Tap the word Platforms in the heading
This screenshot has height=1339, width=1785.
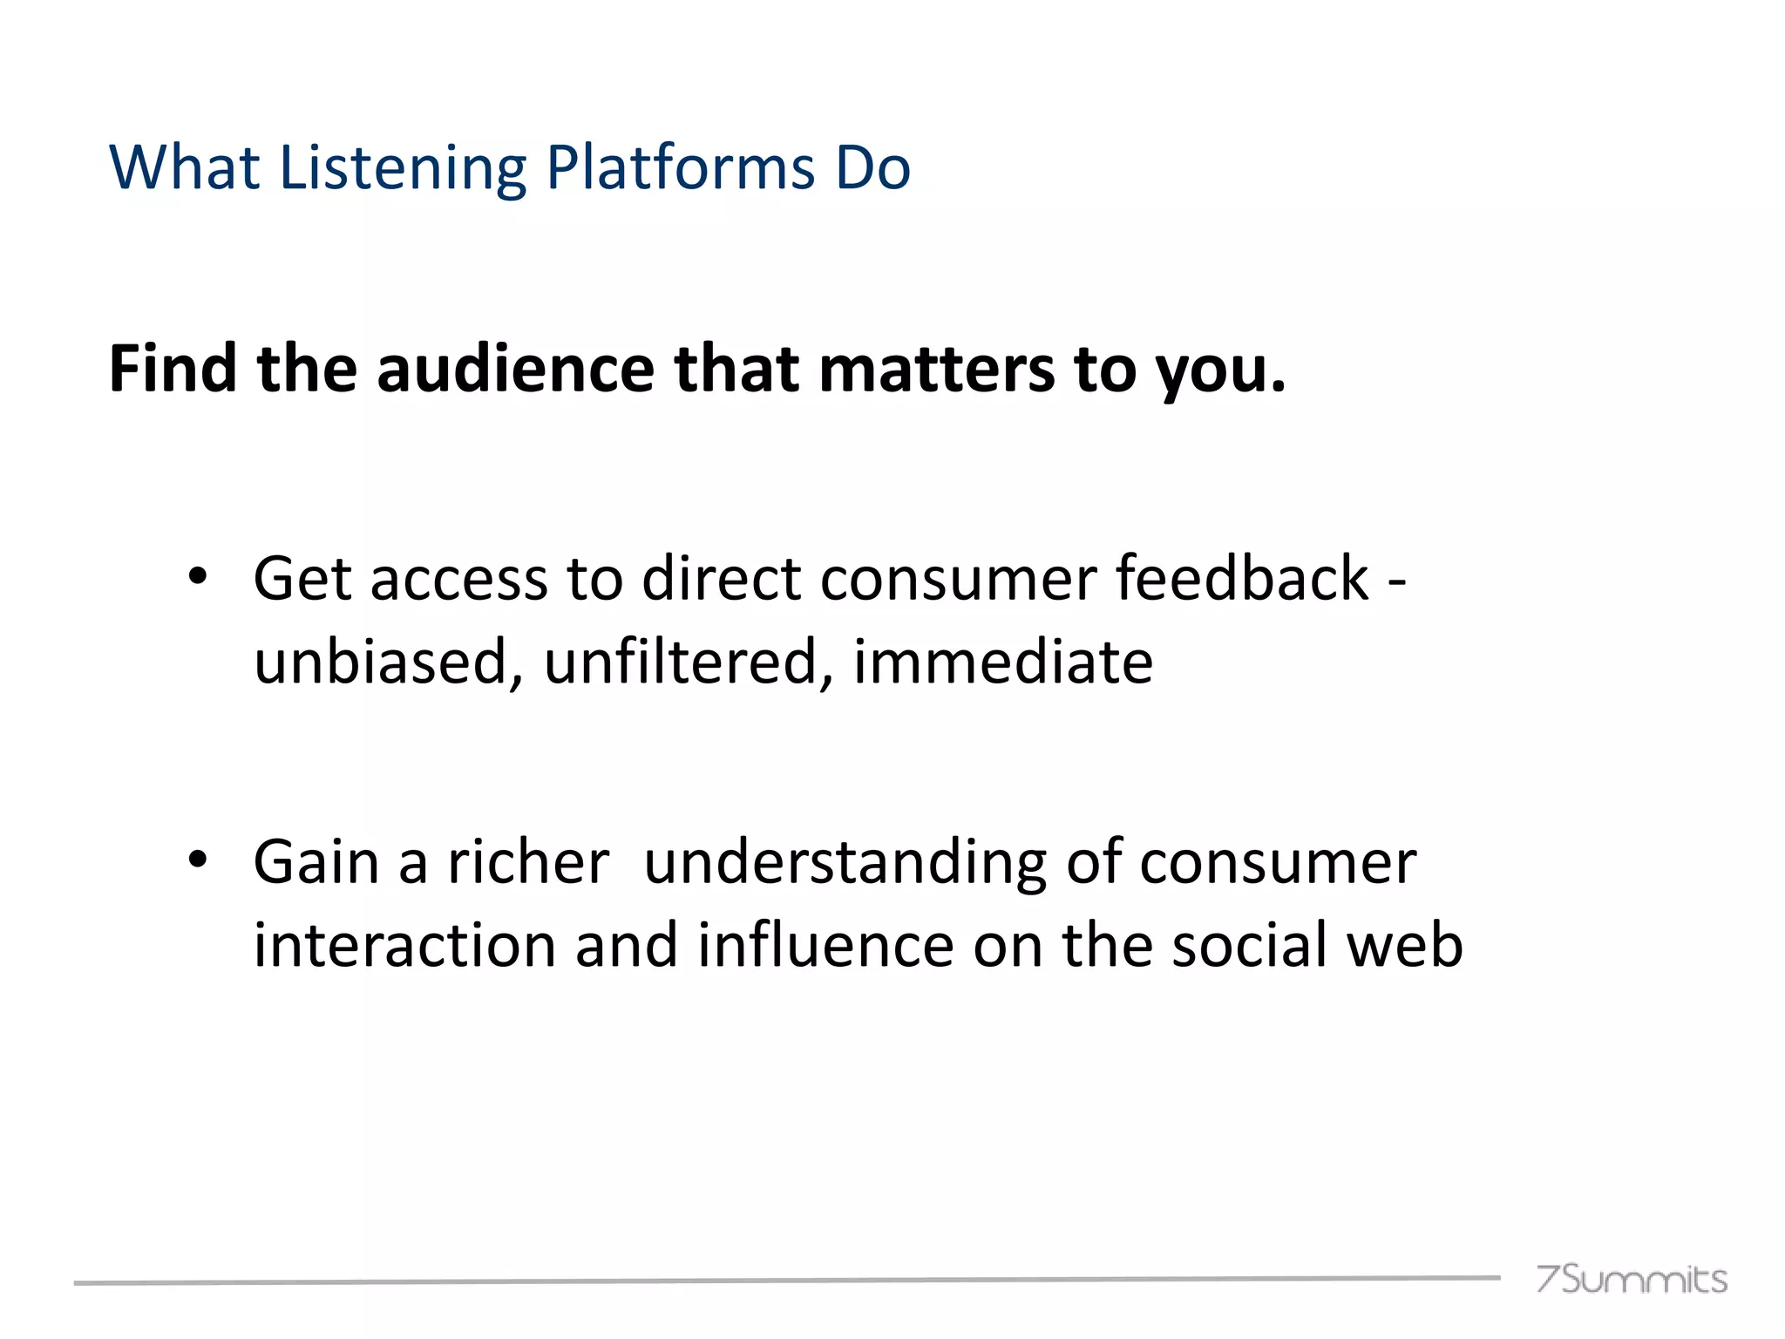pos(680,167)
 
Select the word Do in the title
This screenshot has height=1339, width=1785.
pos(872,167)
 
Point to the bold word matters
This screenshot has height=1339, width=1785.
pos(936,369)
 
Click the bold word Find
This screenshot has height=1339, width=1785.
pos(173,369)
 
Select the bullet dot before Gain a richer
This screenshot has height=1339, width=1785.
pos(198,860)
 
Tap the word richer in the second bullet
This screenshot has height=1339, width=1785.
pos(528,862)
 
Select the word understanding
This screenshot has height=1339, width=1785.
pos(845,862)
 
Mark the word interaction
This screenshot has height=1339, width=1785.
pos(404,945)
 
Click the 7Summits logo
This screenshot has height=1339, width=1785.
pos(1631,1279)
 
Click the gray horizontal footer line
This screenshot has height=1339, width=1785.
pos(784,1281)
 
